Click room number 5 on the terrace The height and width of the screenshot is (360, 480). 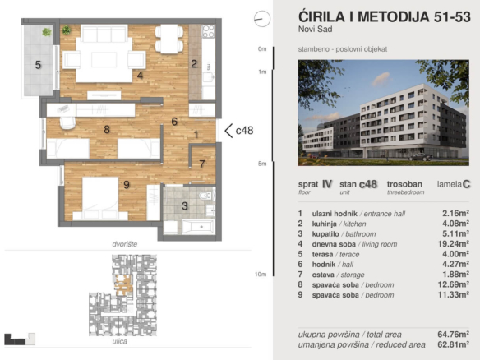38,63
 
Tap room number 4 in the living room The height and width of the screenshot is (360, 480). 141,76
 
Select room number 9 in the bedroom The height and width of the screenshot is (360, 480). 127,185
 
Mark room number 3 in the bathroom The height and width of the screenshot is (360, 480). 185,205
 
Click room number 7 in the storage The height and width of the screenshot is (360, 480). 201,164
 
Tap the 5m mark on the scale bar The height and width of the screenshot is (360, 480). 262,164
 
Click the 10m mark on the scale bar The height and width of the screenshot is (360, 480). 261,274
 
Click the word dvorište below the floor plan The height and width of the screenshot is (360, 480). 123,245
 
